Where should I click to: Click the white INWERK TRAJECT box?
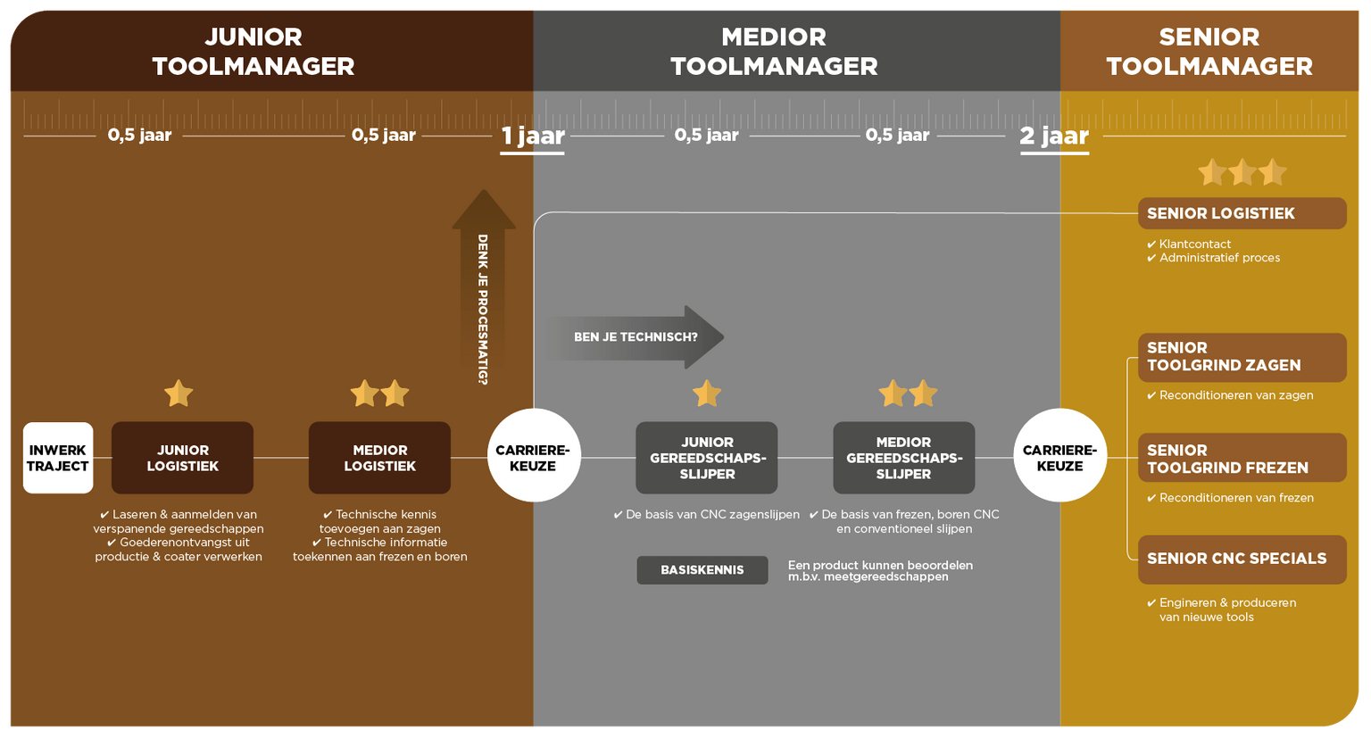pyautogui.click(x=58, y=458)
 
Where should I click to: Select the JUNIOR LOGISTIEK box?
pyautogui.click(x=182, y=458)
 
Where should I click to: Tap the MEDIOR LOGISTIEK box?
pyautogui.click(x=379, y=458)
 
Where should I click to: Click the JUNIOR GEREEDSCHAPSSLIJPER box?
pyautogui.click(x=707, y=458)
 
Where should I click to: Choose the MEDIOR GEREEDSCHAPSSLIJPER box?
pyautogui.click(x=904, y=458)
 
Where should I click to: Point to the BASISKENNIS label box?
pyautogui.click(x=702, y=569)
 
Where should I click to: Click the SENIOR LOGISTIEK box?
pyautogui.click(x=1242, y=213)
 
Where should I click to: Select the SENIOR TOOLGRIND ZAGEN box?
pyautogui.click(x=1242, y=357)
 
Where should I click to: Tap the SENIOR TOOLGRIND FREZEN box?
pyautogui.click(x=1242, y=458)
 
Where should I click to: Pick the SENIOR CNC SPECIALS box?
pyautogui.click(x=1242, y=560)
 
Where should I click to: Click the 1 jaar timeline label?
pyautogui.click(x=533, y=137)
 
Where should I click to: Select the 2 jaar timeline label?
pyautogui.click(x=1054, y=137)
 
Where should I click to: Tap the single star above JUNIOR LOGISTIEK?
pyautogui.click(x=179, y=394)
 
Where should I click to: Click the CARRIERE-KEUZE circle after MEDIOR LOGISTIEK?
pyautogui.click(x=534, y=455)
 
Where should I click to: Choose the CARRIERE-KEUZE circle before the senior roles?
pyautogui.click(x=1060, y=455)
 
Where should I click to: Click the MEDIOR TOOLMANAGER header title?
pyautogui.click(x=774, y=52)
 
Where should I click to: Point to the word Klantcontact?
pyautogui.click(x=1195, y=244)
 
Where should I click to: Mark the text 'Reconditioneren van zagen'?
pyautogui.click(x=1236, y=395)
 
